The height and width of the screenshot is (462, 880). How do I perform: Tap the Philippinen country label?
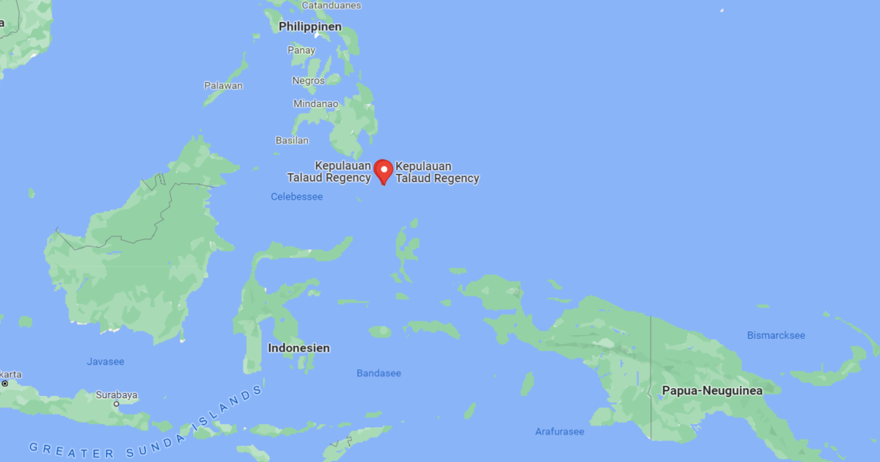pos(310,26)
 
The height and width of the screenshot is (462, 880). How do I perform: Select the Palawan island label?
pos(223,85)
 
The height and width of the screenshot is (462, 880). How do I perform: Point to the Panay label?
pos(301,51)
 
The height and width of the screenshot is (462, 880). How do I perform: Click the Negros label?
pos(308,80)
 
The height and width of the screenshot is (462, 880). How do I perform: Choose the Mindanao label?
pos(316,103)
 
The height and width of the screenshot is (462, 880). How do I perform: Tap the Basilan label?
pos(292,139)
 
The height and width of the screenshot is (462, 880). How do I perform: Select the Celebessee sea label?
pos(296,197)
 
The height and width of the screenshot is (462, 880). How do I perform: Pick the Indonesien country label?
pos(298,348)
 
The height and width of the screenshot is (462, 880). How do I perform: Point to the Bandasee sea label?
pos(378,373)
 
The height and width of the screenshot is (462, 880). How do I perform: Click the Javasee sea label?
pos(106,362)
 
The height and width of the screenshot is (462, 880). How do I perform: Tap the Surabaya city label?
pos(117,395)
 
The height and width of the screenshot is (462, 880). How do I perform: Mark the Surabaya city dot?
pos(116,404)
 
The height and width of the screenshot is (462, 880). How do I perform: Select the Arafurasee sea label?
pos(560,431)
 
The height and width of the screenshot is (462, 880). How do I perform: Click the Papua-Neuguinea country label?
pos(712,391)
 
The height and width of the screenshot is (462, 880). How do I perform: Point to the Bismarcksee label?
pos(776,335)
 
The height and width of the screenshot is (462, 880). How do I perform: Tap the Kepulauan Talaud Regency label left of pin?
pos(329,172)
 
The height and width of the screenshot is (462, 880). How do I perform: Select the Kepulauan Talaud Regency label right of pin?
pos(437,172)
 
